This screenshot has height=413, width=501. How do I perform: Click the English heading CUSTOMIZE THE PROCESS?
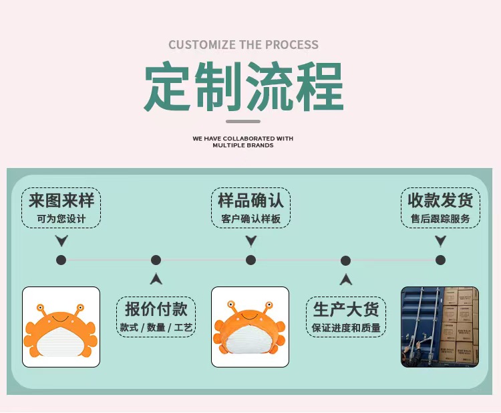click(243, 45)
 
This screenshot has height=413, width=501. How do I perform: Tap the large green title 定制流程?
click(244, 87)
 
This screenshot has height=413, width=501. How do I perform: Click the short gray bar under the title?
click(243, 121)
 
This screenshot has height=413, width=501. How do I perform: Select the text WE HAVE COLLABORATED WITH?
click(243, 139)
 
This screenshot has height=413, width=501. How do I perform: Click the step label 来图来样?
click(61, 200)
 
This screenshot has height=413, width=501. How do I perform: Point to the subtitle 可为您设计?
click(61, 219)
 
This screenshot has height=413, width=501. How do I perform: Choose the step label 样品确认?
click(251, 200)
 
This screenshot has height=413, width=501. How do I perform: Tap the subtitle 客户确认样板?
click(251, 219)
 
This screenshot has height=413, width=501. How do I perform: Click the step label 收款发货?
click(440, 200)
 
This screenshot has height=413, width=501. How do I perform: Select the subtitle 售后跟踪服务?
click(440, 219)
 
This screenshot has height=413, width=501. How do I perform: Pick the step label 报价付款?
click(156, 309)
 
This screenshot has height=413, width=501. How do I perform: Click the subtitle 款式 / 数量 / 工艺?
click(156, 327)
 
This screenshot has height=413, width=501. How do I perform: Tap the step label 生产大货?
click(346, 309)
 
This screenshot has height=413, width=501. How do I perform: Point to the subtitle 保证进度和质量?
click(346, 327)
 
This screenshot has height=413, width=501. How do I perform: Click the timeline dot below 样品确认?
click(251, 260)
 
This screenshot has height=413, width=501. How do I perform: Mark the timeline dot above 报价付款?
click(156, 260)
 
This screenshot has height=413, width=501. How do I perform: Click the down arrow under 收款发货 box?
click(440, 241)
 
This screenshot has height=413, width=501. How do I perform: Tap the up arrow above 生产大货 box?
click(345, 279)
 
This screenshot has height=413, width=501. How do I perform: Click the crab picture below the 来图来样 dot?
click(61, 327)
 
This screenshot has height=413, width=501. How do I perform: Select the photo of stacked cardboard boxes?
click(440, 327)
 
